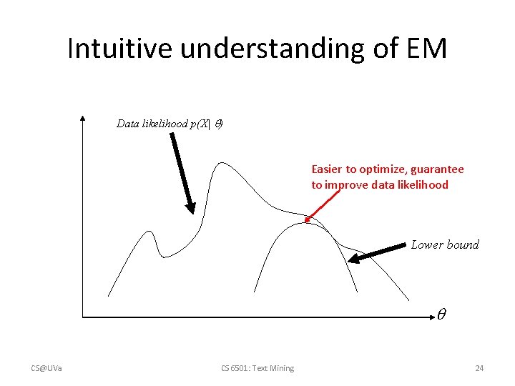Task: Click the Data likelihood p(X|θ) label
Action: (x=170, y=124)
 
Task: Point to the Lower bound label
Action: (x=445, y=244)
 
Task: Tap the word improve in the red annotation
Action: (x=348, y=185)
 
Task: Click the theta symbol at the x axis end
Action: (x=442, y=313)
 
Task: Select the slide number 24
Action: (x=479, y=368)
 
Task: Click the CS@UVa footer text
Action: (x=46, y=368)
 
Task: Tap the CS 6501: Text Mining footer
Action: (x=258, y=368)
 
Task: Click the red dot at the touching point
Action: (x=307, y=219)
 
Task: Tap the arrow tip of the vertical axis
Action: (x=84, y=119)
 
